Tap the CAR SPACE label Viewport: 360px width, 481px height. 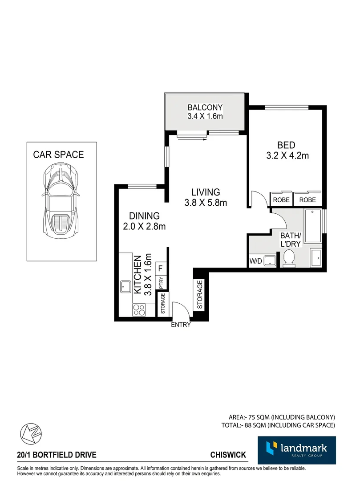tap(58, 155)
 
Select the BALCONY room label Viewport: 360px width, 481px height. tap(205, 107)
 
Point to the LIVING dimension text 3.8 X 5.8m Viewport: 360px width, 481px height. tap(206, 203)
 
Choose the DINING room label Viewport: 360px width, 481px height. tap(145, 216)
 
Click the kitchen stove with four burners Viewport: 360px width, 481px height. tap(139, 309)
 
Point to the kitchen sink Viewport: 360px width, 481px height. tap(125, 286)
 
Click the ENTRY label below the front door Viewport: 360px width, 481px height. tap(181, 325)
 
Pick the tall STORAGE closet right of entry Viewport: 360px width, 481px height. tap(200, 294)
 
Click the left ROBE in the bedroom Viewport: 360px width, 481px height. tap(281, 200)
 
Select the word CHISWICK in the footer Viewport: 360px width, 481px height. tap(228, 455)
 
